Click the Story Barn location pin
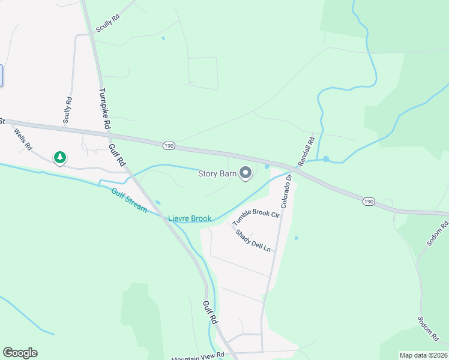point(246,173)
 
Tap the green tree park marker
point(59,158)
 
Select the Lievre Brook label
point(190,218)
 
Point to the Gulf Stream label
point(129,200)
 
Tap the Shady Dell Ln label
point(253,241)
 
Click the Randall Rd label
point(306,152)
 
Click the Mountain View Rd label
point(197,356)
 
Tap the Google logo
point(20,353)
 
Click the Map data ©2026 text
point(423,355)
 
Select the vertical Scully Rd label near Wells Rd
point(68,110)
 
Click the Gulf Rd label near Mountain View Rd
point(209,313)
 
